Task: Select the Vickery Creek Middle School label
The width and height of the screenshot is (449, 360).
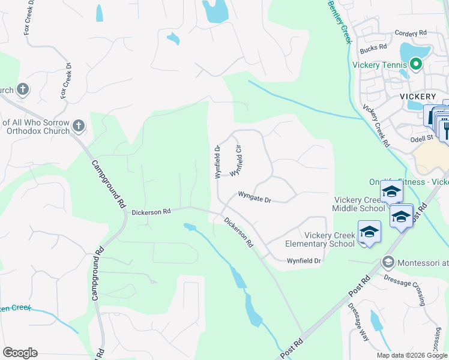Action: click(359, 204)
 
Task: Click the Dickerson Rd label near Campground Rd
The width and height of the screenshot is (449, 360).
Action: click(151, 212)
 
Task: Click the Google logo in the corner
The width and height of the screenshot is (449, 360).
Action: click(20, 352)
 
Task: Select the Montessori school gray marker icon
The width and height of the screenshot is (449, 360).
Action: click(388, 262)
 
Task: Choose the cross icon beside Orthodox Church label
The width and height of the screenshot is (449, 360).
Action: click(79, 127)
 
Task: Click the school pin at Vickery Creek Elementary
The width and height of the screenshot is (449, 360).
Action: click(369, 232)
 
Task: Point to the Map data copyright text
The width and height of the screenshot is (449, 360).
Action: click(412, 355)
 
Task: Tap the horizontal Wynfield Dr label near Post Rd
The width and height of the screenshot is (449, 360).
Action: click(304, 261)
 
